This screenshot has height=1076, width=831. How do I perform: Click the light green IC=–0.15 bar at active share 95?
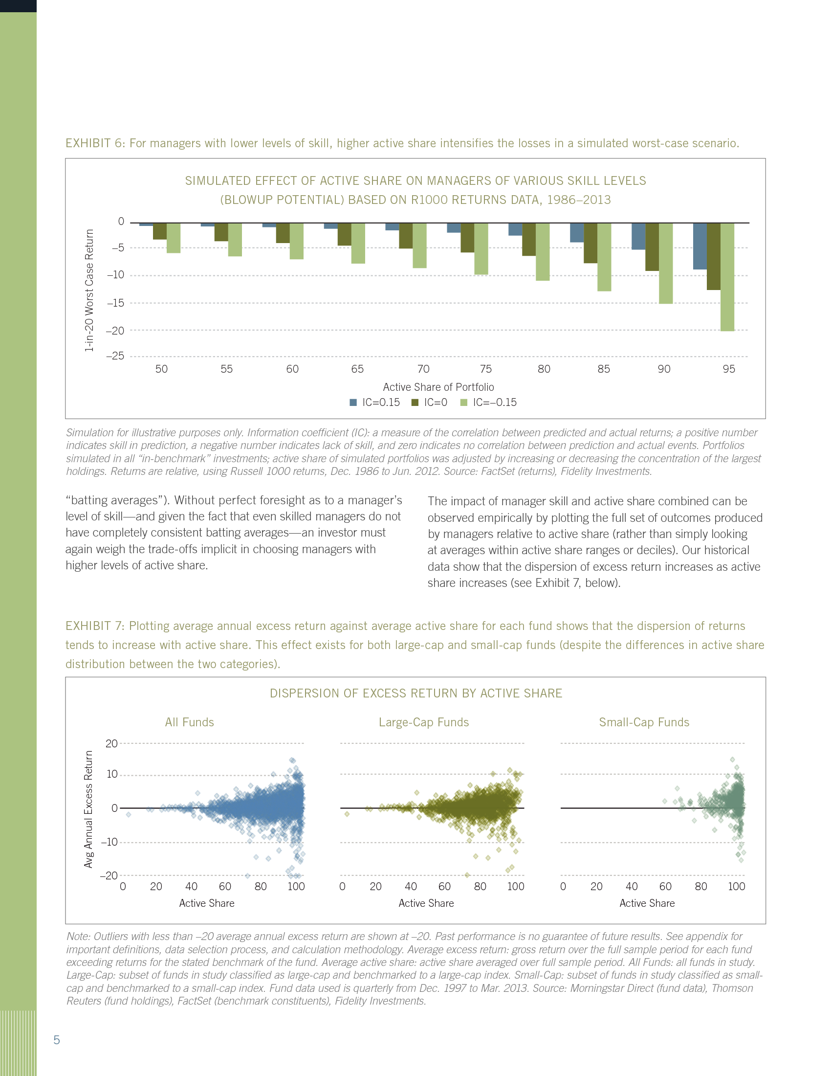(x=727, y=276)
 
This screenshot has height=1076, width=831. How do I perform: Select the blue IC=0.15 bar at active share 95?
(x=700, y=246)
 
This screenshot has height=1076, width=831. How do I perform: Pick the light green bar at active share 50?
(x=174, y=238)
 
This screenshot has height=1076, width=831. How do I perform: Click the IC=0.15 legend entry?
(x=374, y=403)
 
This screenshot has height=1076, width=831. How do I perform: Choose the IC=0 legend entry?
(x=429, y=403)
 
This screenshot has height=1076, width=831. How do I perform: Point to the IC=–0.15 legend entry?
(x=488, y=403)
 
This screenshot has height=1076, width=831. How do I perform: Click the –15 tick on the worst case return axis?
(x=116, y=303)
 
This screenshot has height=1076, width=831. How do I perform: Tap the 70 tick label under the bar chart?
(x=423, y=369)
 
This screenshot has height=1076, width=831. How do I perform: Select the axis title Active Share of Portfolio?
(x=438, y=387)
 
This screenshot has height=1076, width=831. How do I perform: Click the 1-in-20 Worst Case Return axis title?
(x=89, y=290)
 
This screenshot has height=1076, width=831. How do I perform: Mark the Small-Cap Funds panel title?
(x=644, y=722)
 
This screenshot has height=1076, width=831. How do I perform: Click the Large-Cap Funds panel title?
(x=423, y=722)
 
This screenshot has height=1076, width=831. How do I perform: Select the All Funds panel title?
(x=190, y=722)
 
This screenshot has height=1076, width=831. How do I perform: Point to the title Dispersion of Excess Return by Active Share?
(x=415, y=693)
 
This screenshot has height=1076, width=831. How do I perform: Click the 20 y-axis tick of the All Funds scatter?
(x=112, y=743)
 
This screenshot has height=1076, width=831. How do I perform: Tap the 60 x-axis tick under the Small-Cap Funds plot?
(x=665, y=886)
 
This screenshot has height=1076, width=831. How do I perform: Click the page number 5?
(x=57, y=1040)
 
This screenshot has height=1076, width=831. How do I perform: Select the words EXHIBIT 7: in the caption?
(x=95, y=626)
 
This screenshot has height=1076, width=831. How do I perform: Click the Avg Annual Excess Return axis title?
(x=88, y=809)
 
